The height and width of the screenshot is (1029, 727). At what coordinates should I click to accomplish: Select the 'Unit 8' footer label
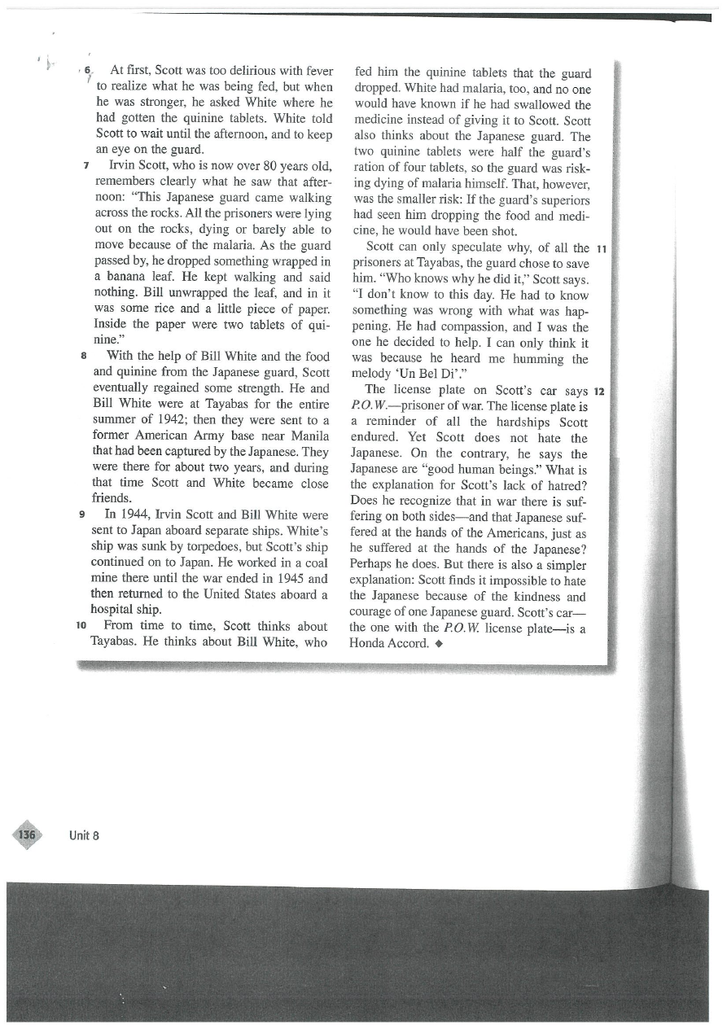point(84,836)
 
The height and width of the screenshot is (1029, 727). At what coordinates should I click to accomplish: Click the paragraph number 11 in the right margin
point(602,247)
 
